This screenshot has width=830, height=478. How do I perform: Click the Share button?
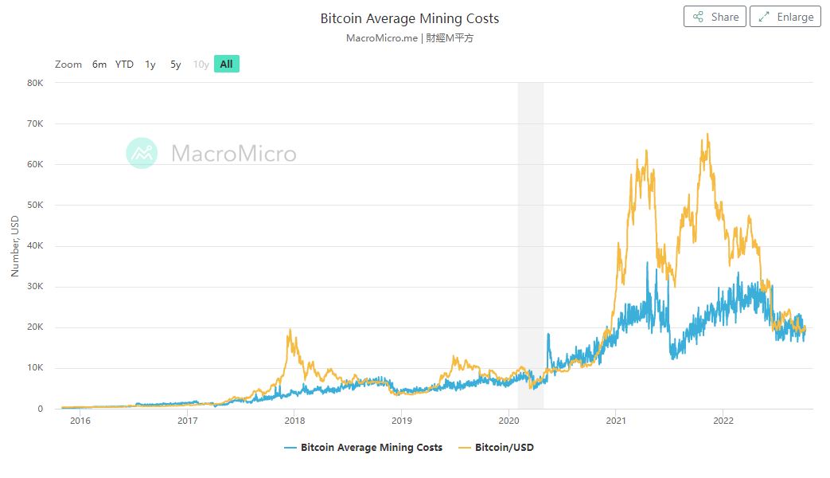pos(715,17)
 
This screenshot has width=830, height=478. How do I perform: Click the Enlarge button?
pos(785,17)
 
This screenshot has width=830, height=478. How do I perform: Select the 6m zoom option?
pos(99,65)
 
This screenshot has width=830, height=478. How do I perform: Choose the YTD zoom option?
pos(124,65)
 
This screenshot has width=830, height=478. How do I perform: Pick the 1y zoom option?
pos(150,65)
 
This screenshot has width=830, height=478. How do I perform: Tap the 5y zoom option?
pos(176,65)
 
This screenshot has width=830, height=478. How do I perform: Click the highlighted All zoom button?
pos(227,65)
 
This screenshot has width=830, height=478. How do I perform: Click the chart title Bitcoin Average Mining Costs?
pos(410,18)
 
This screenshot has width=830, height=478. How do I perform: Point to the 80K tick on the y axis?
pos(35,83)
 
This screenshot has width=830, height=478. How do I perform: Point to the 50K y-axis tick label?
pos(35,206)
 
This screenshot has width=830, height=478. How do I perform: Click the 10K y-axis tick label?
pos(35,368)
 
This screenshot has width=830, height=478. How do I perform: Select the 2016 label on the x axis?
pos(80,421)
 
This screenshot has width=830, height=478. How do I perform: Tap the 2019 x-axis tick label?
pos(402,421)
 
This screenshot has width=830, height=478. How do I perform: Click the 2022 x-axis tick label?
pos(723,421)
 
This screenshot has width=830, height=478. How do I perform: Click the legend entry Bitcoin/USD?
pos(504,448)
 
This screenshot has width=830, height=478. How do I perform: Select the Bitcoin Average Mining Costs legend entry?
pos(371,448)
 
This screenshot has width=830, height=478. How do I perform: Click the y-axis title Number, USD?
pos(14,245)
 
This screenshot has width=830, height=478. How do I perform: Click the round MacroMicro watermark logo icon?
pos(142,153)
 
